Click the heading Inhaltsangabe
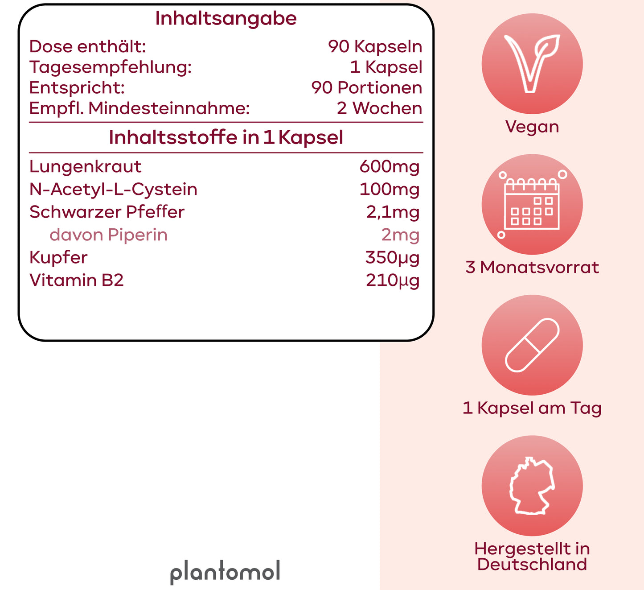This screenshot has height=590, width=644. coord(226,18)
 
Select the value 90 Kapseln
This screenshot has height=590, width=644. coord(375,46)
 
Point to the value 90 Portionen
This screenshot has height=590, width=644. coord(367,87)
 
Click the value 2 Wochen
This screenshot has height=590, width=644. coord(379,108)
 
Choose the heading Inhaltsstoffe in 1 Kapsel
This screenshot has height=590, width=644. coord(226,138)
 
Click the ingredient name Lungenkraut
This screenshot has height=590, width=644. coord(86,167)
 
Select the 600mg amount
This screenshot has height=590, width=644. coord(390,167)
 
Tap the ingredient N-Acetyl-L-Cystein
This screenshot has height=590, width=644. coord(113,189)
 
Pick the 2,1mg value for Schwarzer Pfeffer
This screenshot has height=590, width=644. coord(393,212)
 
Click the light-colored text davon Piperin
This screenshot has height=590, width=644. coord(108,235)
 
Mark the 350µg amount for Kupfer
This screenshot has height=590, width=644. coord(392,258)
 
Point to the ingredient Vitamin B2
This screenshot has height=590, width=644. coord(76,280)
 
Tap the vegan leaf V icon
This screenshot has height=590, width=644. coord(532,64)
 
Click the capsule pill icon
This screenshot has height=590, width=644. coord(532,345)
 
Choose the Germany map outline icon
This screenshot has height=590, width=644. coord(532,486)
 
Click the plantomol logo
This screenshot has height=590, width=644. coord(225,572)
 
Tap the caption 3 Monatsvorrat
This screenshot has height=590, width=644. coord(532,268)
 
